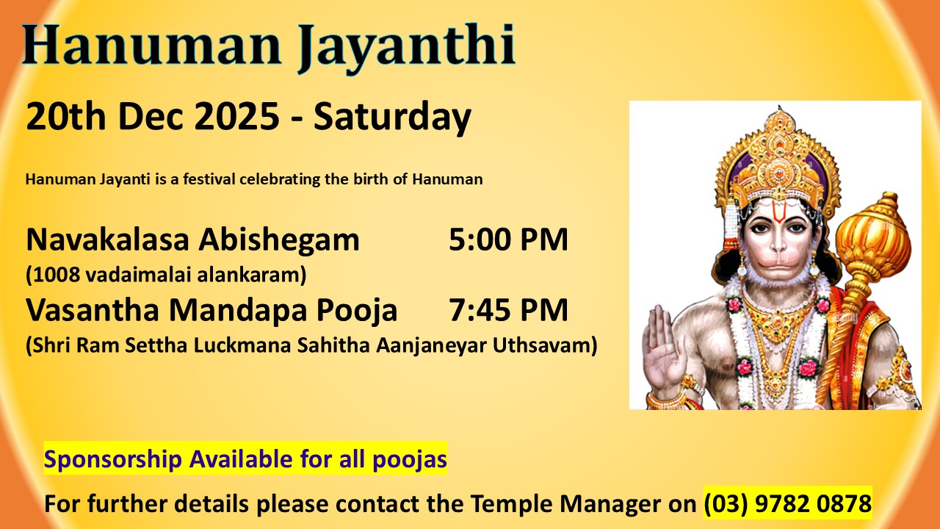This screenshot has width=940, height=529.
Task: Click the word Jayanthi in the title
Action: tap(406, 48)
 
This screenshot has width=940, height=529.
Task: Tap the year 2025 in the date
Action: tap(236, 116)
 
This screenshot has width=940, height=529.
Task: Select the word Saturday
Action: tap(392, 118)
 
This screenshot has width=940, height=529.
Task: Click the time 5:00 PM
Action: tap(508, 240)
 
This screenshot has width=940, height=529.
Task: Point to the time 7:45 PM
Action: tap(508, 310)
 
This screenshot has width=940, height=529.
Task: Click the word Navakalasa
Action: tap(107, 240)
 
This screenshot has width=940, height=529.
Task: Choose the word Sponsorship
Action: tap(112, 460)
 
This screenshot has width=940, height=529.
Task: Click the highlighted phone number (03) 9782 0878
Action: tap(788, 503)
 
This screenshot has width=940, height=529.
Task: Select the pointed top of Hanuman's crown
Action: tap(780, 110)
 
